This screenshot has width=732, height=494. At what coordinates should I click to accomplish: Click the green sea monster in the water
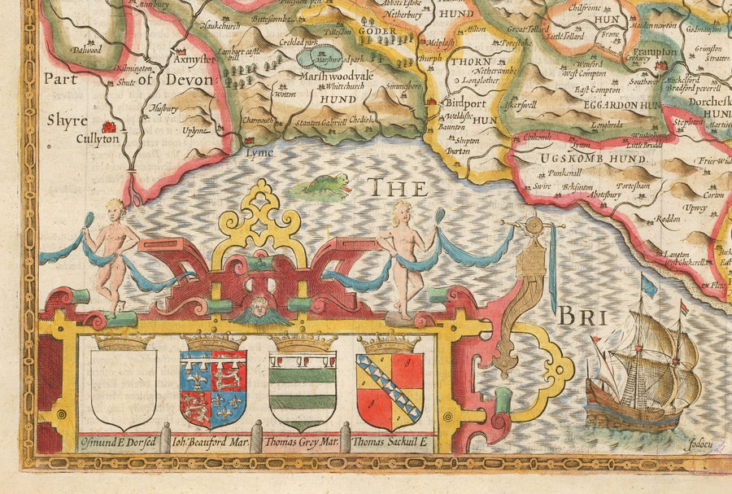pos(322,186)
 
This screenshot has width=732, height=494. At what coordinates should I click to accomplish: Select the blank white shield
pos(124,389)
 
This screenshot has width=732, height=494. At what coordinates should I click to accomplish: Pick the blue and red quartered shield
pos(213,388)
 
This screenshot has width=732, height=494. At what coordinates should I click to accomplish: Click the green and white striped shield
pos(303,390)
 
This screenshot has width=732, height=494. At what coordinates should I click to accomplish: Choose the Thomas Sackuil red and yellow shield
pos(390,390)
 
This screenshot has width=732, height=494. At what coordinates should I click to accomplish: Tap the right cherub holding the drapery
pos(403,256)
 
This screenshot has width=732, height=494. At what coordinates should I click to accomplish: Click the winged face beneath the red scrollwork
pos(260,309)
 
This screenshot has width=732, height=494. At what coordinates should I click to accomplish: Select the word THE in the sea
pos(398,189)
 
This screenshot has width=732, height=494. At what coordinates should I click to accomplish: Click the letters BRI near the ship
pos(580,315)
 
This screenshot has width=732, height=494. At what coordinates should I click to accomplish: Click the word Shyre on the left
pos(66,120)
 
